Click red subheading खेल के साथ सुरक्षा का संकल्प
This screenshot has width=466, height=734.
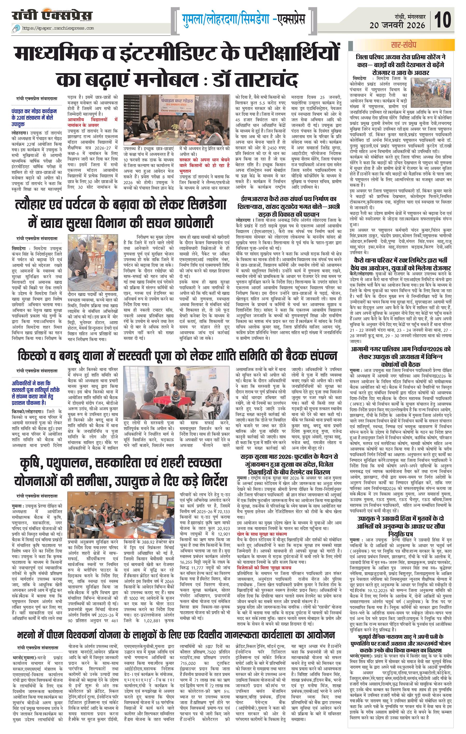click(x=262, y=534)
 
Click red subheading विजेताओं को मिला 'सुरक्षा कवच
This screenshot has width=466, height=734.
click(x=264, y=568)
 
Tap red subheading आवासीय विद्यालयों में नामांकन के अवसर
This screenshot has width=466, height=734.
click(x=92, y=122)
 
